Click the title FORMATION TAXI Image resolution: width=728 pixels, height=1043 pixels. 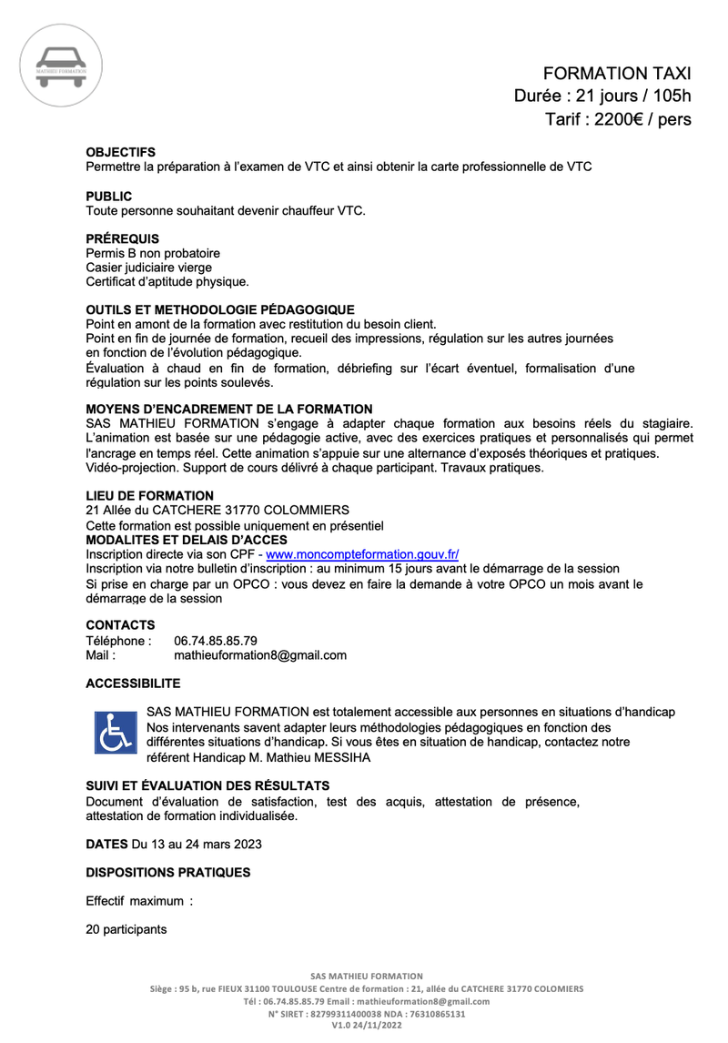pyautogui.click(x=617, y=74)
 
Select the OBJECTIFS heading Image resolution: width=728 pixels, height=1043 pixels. pyautogui.click(x=120, y=153)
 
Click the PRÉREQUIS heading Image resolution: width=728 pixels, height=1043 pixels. pyautogui.click(x=122, y=238)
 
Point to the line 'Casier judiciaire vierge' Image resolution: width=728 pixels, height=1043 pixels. pyautogui.click(x=148, y=268)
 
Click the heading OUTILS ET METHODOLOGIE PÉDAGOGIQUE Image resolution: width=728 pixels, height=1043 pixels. pyautogui.click(x=219, y=310)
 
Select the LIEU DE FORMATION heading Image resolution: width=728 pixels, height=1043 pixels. pyautogui.click(x=149, y=495)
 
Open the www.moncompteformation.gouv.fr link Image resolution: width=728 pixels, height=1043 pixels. pyautogui.click(x=362, y=553)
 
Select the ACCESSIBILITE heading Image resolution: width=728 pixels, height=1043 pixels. pyautogui.click(x=133, y=684)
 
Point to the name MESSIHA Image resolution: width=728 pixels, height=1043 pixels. pyautogui.click(x=342, y=758)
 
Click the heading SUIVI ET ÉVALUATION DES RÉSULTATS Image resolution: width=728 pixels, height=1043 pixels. pyautogui.click(x=207, y=785)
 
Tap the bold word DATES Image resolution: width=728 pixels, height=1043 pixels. pyautogui.click(x=106, y=844)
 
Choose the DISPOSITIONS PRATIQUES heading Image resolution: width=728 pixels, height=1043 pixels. pyautogui.click(x=167, y=872)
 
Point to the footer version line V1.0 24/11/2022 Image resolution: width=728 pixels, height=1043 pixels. pyautogui.click(x=366, y=1026)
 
